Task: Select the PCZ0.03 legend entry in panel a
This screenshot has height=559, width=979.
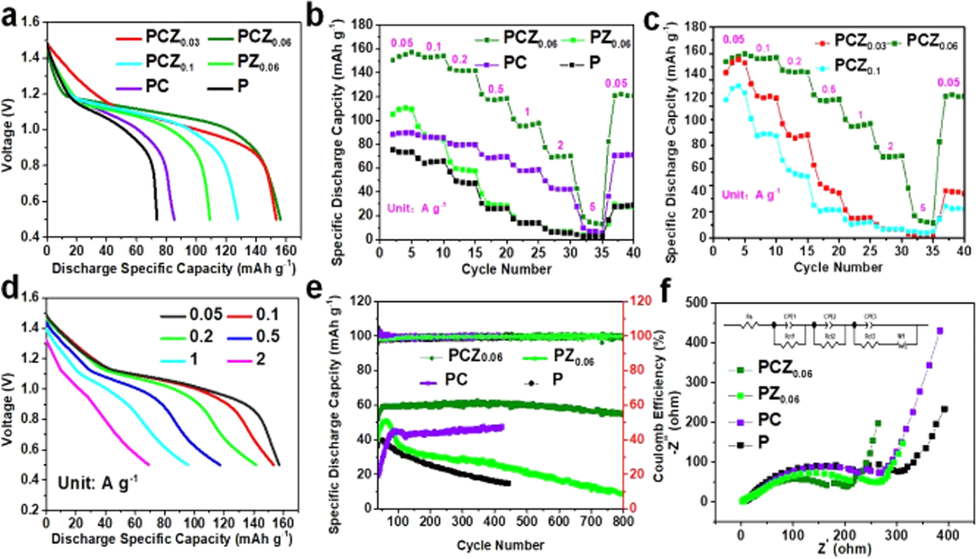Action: click(158, 37)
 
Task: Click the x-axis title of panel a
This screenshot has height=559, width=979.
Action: click(173, 269)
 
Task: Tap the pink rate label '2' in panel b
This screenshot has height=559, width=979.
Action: click(560, 145)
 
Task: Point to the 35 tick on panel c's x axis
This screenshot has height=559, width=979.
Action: click(933, 250)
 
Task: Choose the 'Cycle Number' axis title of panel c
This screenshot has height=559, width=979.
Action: click(837, 267)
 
